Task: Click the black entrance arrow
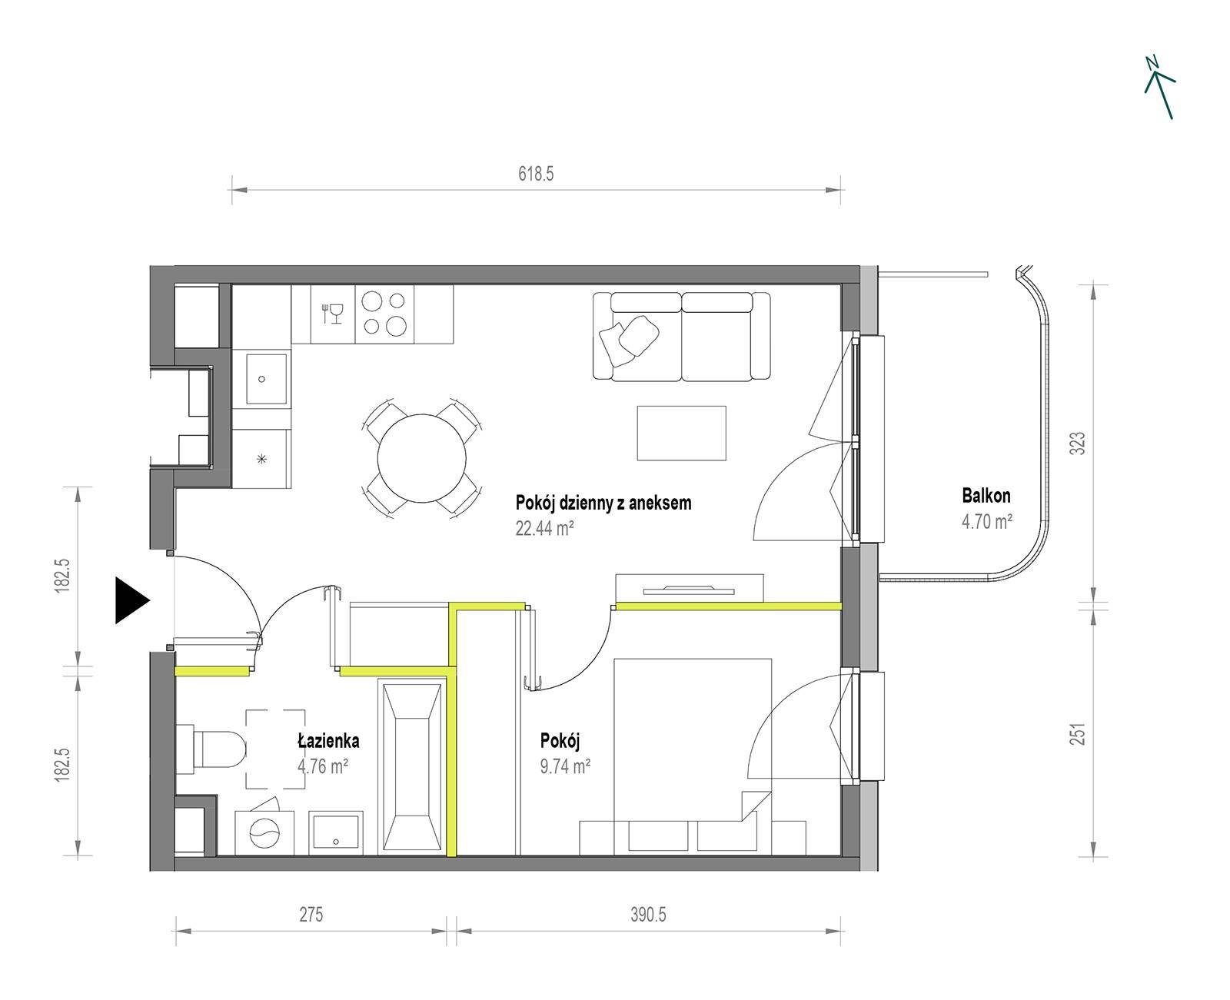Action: (x=131, y=600)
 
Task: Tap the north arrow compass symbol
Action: (x=1159, y=88)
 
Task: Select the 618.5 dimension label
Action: (x=535, y=174)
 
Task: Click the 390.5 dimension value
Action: (x=648, y=915)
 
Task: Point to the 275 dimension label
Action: (x=311, y=915)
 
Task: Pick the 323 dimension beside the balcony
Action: (x=1078, y=443)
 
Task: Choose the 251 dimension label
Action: (x=1078, y=733)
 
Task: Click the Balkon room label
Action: (x=986, y=495)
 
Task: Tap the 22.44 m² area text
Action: (x=544, y=528)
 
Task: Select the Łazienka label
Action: (x=328, y=741)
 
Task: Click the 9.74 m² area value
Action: (x=565, y=766)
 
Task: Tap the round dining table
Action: (x=421, y=458)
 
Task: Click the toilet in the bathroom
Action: (x=211, y=749)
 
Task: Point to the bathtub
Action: (x=412, y=767)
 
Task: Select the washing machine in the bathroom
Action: (x=264, y=832)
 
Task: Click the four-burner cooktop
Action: (x=384, y=314)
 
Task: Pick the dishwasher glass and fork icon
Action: (x=332, y=314)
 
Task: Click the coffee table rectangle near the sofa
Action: (x=681, y=433)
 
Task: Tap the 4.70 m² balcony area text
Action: (x=986, y=521)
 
